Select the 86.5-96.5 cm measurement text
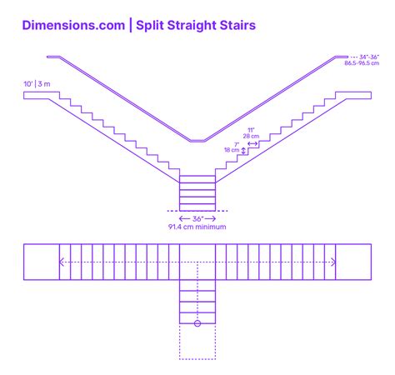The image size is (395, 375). (362, 63)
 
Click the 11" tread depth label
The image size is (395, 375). (250, 129)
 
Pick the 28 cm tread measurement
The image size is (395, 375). (250, 136)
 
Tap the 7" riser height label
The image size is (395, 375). (237, 144)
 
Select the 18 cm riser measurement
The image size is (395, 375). (232, 151)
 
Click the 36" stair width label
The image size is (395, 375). (197, 218)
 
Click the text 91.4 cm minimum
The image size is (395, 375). (197, 227)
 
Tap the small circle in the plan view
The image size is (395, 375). (197, 322)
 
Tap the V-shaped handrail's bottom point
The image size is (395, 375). (197, 141)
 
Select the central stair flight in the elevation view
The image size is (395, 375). (197, 193)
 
